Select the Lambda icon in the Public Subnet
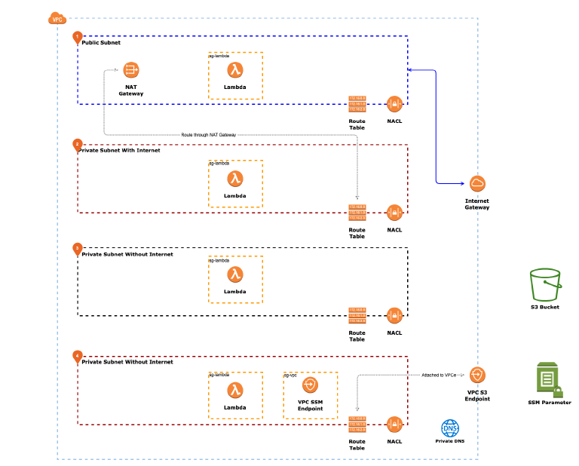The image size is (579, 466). [235, 71]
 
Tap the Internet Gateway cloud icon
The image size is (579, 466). [476, 183]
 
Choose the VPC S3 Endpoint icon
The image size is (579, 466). [477, 375]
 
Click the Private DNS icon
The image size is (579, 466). [449, 428]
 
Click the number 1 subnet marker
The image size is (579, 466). [77, 37]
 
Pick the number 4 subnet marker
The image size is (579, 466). [77, 356]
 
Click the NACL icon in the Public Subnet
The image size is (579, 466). [394, 104]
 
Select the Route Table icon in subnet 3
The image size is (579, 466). [357, 315]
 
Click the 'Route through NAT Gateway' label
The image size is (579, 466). [209, 134]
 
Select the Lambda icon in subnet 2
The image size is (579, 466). [235, 179]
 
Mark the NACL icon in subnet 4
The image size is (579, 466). [394, 425]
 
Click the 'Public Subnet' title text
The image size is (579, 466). [101, 43]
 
